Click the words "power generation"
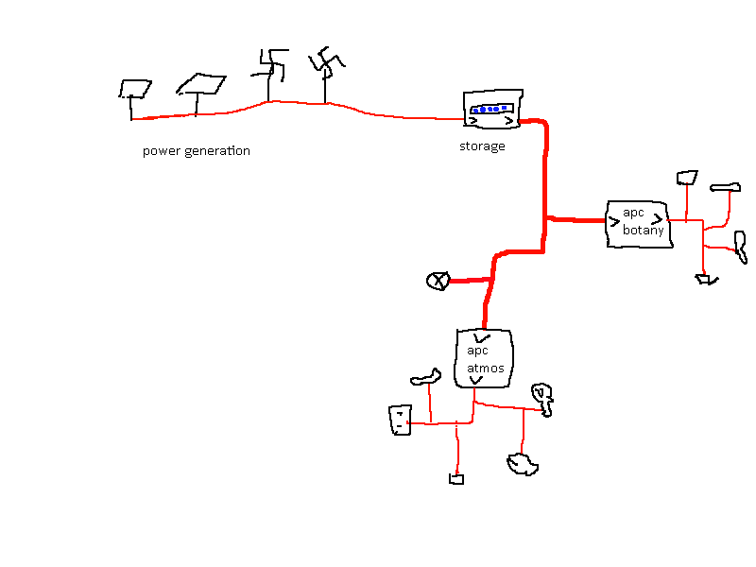pyautogui.click(x=197, y=151)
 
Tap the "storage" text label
pyautogui.click(x=482, y=146)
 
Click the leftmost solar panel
pyautogui.click(x=135, y=89)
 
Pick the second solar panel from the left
pyautogui.click(x=201, y=84)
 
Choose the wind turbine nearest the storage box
pyautogui.click(x=327, y=64)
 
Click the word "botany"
pyautogui.click(x=643, y=231)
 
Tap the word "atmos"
pyautogui.click(x=486, y=368)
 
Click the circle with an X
pyautogui.click(x=438, y=281)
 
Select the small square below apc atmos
pyautogui.click(x=456, y=479)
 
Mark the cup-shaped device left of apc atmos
pyautogui.click(x=401, y=420)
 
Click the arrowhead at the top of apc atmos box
pyautogui.click(x=483, y=337)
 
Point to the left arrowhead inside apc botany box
pyautogui.click(x=615, y=223)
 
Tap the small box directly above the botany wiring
pyautogui.click(x=687, y=177)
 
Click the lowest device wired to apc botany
pyautogui.click(x=705, y=279)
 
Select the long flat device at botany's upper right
pyautogui.click(x=726, y=186)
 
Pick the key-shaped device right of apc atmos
pyautogui.click(x=542, y=396)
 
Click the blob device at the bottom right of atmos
pyautogui.click(x=522, y=463)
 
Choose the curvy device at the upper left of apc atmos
pyautogui.click(x=426, y=379)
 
